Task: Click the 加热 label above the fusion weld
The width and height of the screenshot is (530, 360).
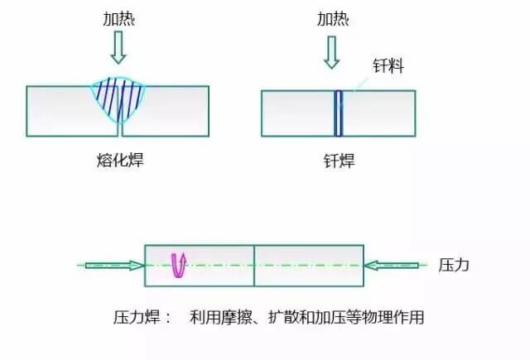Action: coord(119,18)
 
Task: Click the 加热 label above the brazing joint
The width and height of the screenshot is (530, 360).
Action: coord(333,17)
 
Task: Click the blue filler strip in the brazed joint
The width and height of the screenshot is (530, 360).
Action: coord(338,113)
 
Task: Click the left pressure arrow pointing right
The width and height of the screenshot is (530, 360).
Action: coord(113,266)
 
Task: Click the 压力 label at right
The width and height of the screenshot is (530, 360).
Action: coord(454,266)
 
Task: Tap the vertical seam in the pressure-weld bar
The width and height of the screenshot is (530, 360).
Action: coord(253,266)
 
